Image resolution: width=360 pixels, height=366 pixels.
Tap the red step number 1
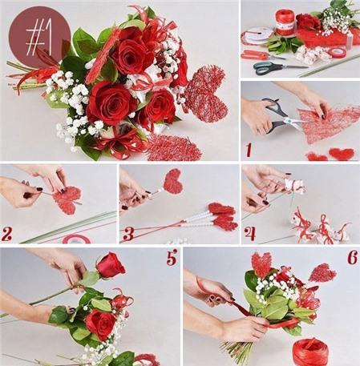coord(249,150)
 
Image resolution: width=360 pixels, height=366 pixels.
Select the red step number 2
coord(6,234)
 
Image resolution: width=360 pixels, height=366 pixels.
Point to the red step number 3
coord(127,234)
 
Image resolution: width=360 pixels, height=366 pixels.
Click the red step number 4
coord(250,234)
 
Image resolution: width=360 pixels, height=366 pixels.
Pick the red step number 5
coord(172,256)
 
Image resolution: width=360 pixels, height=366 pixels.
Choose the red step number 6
coord(353,257)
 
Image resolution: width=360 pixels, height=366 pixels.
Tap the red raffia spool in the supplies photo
coord(285,22)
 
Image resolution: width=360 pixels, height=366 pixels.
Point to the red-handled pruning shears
coord(261,54)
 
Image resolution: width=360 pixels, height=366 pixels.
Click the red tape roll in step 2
coord(76,239)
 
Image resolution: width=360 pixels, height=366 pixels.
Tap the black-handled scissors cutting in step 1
coord(281,115)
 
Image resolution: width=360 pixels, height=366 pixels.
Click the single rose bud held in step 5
coord(111,265)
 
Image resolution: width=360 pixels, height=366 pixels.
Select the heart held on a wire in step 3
coord(173,182)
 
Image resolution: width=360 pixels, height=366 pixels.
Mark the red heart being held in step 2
coord(67,199)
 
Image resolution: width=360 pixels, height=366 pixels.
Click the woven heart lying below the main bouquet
coord(174,148)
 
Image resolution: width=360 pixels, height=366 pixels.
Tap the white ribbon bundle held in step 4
coord(294,186)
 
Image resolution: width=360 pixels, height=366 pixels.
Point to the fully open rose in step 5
coord(100,324)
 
